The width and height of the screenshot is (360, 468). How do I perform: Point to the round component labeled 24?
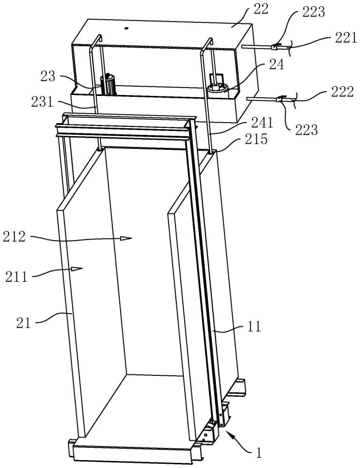pyautogui.click(x=217, y=88)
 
